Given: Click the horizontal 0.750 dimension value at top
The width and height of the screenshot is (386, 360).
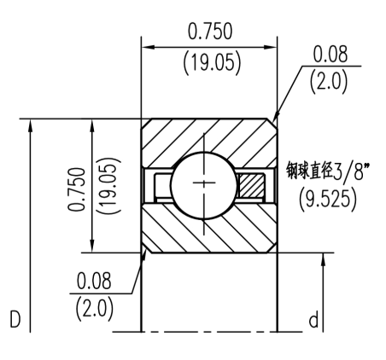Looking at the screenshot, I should [x=211, y=32].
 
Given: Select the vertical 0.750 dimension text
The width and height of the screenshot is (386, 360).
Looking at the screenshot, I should [x=77, y=185].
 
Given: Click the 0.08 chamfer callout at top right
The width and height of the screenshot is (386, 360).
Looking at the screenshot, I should [x=330, y=55].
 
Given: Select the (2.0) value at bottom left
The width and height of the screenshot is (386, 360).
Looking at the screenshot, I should [x=93, y=308].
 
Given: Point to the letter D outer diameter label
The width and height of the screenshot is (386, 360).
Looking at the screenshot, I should [x=16, y=321].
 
